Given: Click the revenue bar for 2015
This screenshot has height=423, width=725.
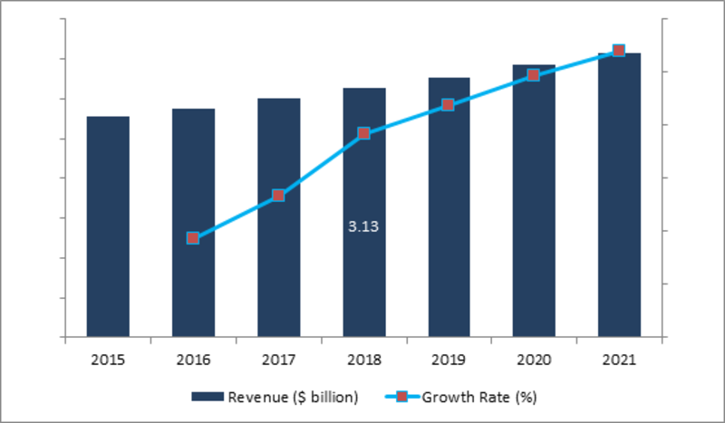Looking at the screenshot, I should [108, 226].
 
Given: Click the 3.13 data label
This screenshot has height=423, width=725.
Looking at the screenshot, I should [363, 227].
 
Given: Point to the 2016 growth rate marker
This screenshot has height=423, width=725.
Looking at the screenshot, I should [193, 237].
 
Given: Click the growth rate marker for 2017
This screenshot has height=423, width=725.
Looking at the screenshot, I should [278, 195].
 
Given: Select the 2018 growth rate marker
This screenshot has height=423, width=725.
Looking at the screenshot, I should [363, 133].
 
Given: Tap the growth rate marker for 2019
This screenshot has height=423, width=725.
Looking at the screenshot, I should [449, 105].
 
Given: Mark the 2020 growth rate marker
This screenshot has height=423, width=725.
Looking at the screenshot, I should [534, 75].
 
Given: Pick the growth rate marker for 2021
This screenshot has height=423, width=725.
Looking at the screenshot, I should [619, 51].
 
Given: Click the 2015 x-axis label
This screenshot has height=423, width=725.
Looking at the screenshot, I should [108, 360].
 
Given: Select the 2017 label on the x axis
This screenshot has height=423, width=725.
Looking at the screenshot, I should [278, 360].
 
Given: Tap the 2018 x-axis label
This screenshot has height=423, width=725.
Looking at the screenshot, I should [363, 360].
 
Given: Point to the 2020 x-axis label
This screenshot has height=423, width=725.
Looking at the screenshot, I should [534, 360].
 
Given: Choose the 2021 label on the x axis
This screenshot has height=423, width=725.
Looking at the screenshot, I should [619, 360].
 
